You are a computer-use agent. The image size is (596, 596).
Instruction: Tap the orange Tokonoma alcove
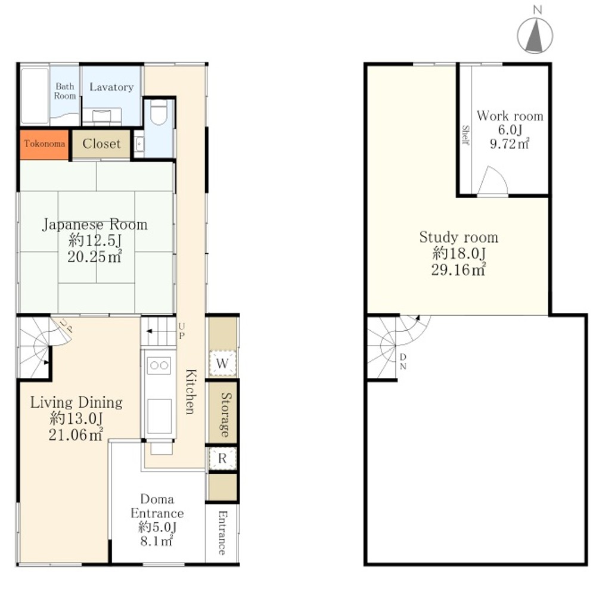coord(45,144)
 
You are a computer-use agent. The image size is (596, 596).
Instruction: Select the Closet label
coord(101,144)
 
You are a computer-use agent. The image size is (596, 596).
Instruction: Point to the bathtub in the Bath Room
coord(35,96)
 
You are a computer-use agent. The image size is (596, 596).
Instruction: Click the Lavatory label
coord(111,87)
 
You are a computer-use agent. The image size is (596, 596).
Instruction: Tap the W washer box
coord(222,363)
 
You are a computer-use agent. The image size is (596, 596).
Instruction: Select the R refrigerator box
coord(222,458)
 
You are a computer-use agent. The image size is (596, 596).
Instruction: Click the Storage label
coord(226,415)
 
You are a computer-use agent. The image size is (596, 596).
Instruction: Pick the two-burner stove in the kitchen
coord(159,365)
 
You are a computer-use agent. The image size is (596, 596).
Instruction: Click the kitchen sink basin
coord(159,416)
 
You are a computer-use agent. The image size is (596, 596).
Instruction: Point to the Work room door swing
coord(493,181)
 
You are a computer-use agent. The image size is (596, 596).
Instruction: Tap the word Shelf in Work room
coord(465,135)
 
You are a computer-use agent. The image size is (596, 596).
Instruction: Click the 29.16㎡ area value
coord(458,270)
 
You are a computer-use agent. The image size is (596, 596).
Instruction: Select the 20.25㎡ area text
coord(95,257)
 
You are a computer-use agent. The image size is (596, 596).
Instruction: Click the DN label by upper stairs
coord(403,362)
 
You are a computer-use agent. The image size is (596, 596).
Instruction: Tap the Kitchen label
coord(191,391)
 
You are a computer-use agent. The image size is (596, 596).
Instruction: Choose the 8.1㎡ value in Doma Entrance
coord(157,541)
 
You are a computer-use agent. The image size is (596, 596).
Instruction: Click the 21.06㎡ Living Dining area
coord(76,434)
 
